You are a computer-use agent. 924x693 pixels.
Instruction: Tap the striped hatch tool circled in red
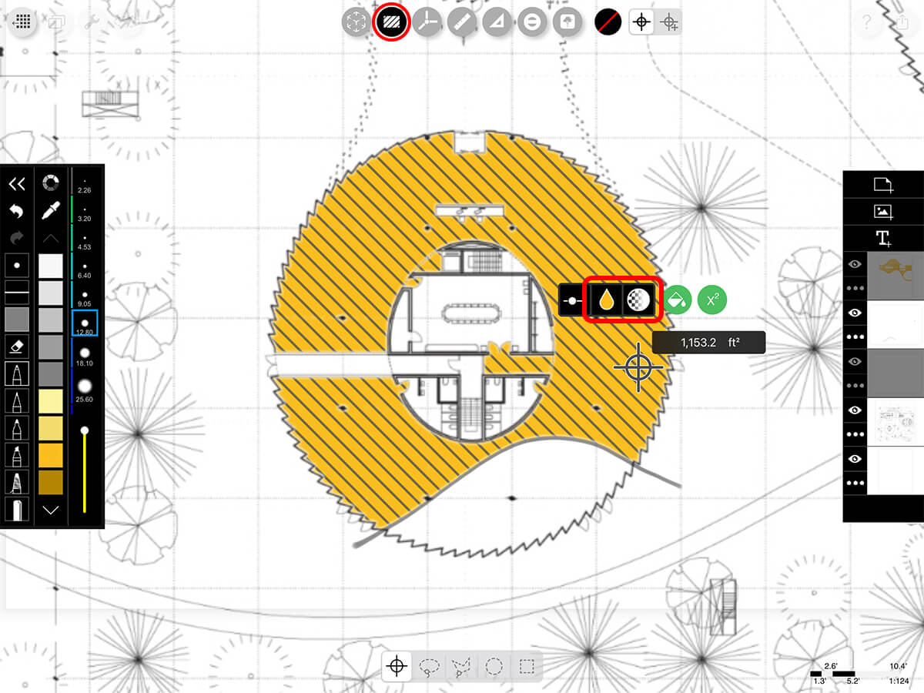pyautogui.click(x=391, y=22)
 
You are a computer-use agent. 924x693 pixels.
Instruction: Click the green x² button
pyautogui.click(x=711, y=300)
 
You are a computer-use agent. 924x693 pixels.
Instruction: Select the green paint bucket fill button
pyautogui.click(x=677, y=300)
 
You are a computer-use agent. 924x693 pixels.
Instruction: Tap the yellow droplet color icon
pyautogui.click(x=606, y=300)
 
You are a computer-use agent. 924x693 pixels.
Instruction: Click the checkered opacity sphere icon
pyautogui.click(x=638, y=300)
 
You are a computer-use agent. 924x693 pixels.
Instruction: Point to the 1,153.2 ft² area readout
pyautogui.click(x=709, y=343)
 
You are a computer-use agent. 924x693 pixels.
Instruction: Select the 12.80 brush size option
pyautogui.click(x=85, y=323)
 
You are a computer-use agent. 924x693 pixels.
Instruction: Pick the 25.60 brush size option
pyautogui.click(x=85, y=390)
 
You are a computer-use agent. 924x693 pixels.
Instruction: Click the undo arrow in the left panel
pyautogui.click(x=17, y=211)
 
